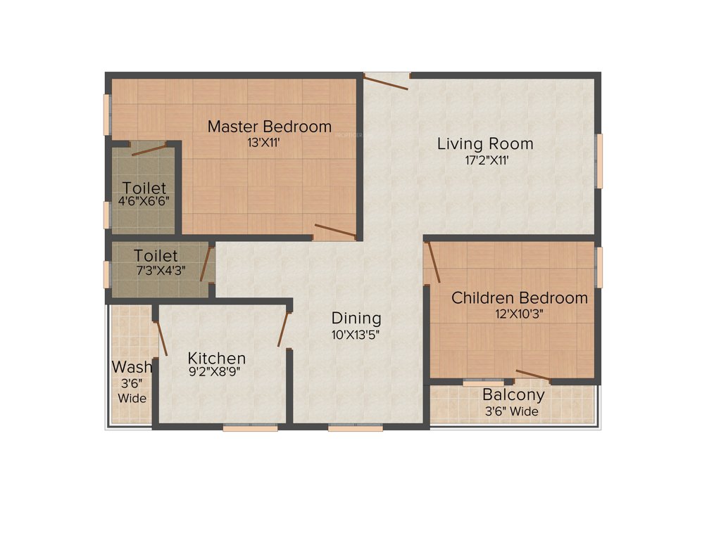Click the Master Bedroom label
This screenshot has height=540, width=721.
pyautogui.click(x=269, y=127)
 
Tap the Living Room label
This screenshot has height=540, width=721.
pyautogui.click(x=485, y=144)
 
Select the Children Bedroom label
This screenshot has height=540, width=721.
pyautogui.click(x=520, y=297)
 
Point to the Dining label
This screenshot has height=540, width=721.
pyautogui.click(x=356, y=319)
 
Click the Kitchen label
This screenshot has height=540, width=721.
pyautogui.click(x=217, y=359)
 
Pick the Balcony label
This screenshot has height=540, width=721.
pyautogui.click(x=513, y=395)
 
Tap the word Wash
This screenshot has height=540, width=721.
pyautogui.click(x=132, y=367)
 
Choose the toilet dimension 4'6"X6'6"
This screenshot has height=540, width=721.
pyautogui.click(x=144, y=200)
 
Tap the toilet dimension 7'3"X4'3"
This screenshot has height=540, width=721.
pyautogui.click(x=159, y=269)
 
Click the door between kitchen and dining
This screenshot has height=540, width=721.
pyautogui.click(x=284, y=329)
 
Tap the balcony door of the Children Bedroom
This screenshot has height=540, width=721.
pyautogui.click(x=533, y=375)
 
